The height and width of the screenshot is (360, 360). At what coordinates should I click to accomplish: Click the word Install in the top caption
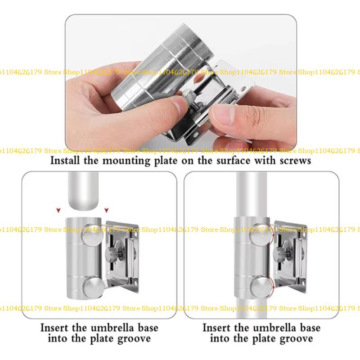coord(67,161)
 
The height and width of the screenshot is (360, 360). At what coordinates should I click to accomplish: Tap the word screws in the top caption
coord(292,161)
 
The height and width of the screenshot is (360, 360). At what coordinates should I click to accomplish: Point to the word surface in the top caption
coord(234,161)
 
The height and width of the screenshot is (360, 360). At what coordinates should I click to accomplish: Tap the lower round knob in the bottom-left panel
coord(92,286)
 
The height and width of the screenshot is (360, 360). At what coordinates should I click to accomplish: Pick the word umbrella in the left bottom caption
coord(106,327)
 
